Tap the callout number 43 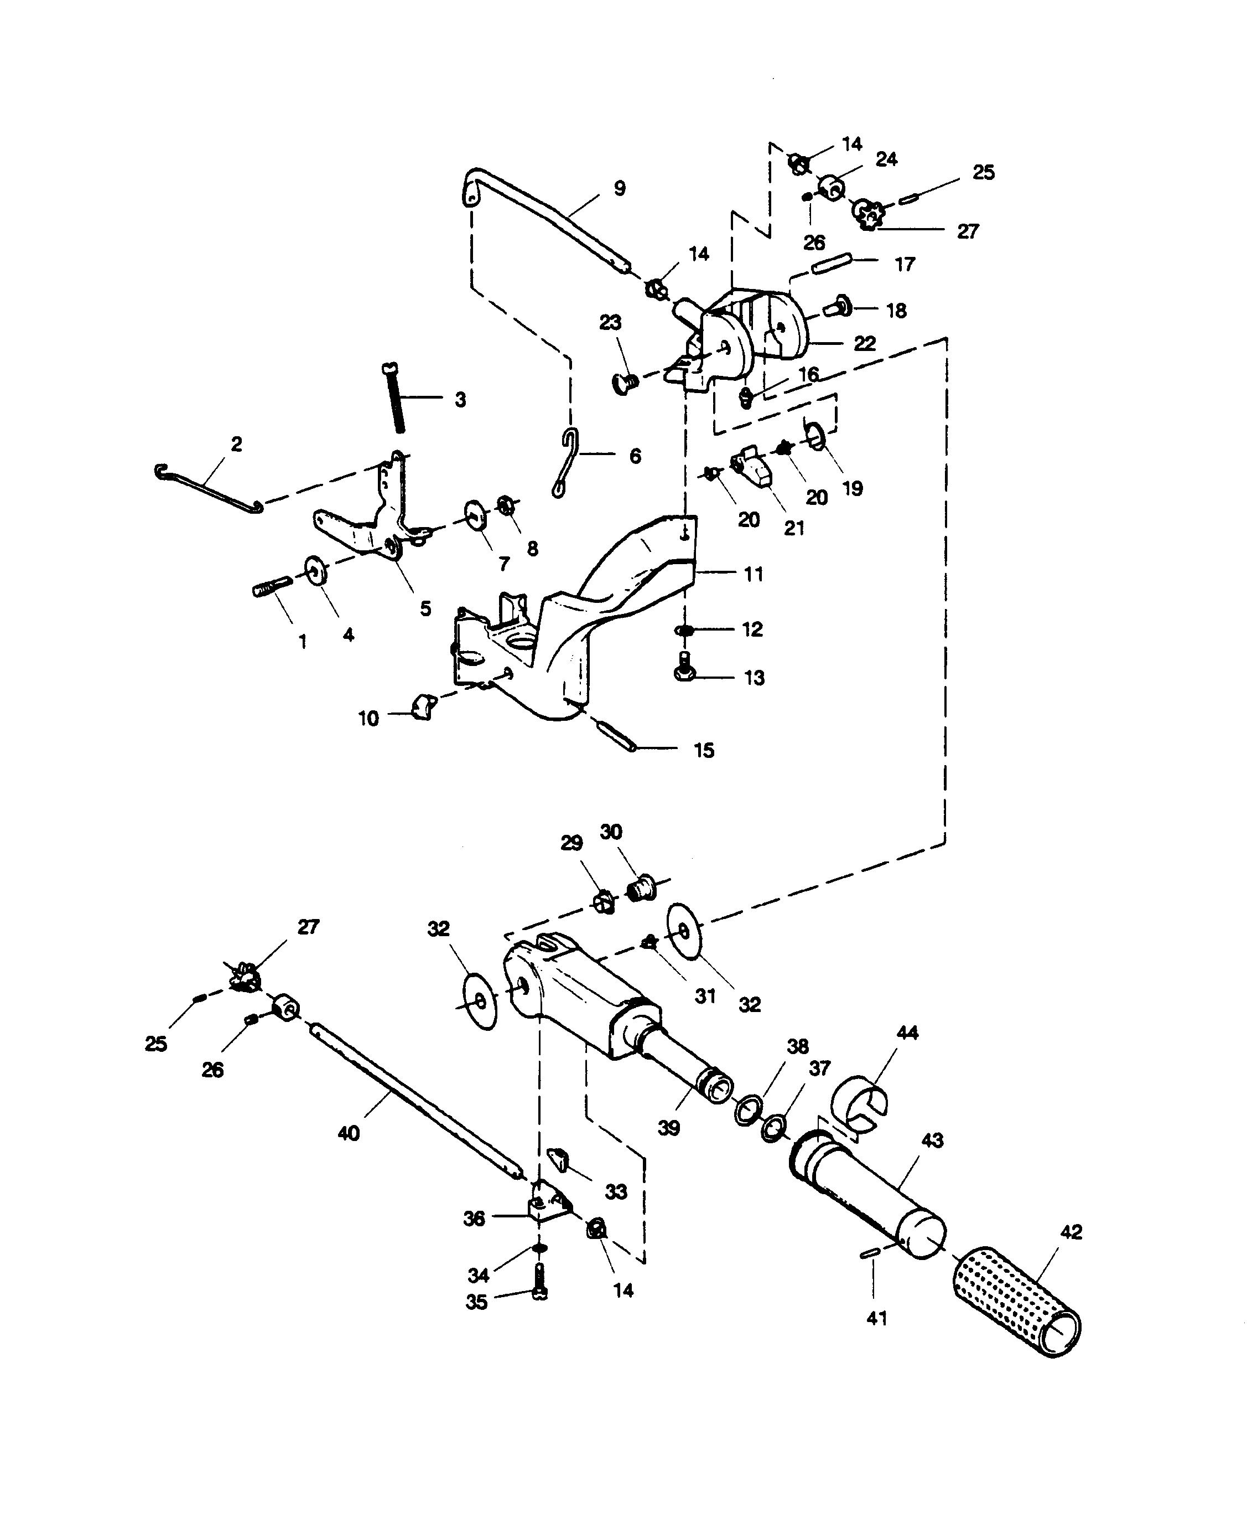(932, 1140)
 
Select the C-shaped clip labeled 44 (859, 1108)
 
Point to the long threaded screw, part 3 (393, 398)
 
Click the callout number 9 (619, 188)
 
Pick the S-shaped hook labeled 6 (567, 463)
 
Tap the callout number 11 (753, 574)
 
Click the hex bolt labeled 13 (684, 668)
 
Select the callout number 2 (236, 444)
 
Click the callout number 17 (905, 265)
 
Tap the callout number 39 (668, 1128)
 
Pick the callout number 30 (611, 832)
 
